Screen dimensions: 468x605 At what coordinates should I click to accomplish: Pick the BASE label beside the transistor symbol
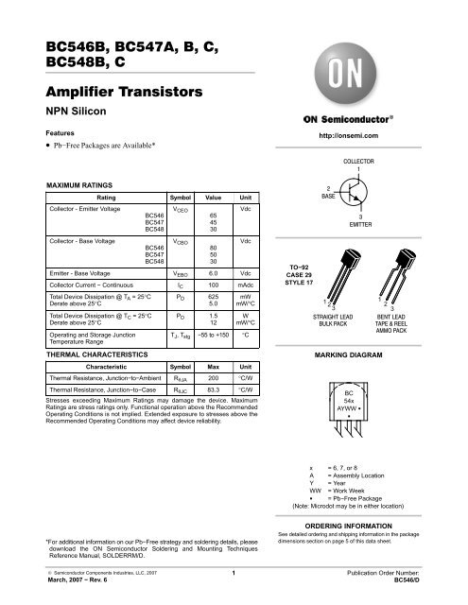pos(327,197)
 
